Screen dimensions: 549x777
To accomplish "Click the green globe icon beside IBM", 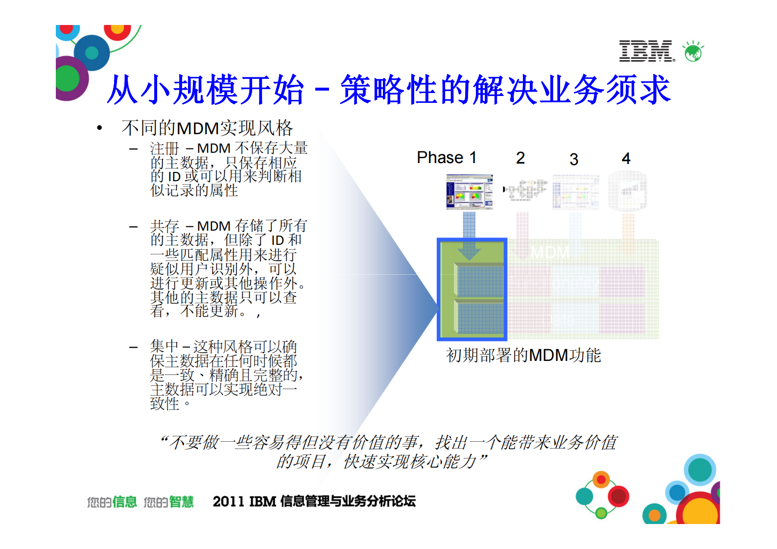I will point(693,51).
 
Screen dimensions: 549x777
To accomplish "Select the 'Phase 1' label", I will point(446,158).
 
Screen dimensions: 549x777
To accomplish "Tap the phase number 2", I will point(520,158).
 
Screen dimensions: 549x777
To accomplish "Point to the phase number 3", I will point(574,159).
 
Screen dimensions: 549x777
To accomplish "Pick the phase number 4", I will point(626,158).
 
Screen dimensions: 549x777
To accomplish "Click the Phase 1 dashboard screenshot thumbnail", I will point(470,192).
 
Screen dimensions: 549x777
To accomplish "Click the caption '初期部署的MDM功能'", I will point(523,355).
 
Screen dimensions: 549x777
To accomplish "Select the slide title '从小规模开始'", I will point(206,90).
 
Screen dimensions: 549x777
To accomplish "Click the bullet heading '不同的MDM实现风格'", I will point(207,128).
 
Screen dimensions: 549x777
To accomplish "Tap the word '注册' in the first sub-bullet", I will point(165,148).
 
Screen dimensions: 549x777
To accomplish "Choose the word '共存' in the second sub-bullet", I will point(165,226).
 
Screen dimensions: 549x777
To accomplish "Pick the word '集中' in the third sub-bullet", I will point(165,347).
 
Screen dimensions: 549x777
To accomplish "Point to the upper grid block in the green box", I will point(479,281).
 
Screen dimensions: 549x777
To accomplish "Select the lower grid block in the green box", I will point(479,318).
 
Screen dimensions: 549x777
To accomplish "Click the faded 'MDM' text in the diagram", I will point(550,253).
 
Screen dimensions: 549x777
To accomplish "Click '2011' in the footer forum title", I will point(229,501).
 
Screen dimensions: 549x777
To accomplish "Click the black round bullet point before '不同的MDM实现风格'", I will point(100,129).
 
